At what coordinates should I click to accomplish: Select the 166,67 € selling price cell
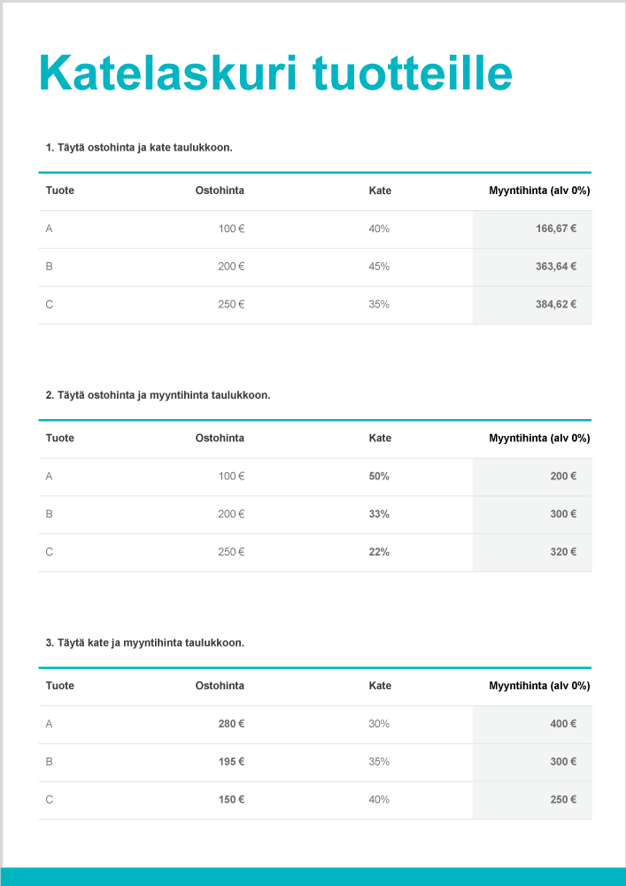click(x=555, y=229)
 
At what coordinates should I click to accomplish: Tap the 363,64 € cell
click(x=555, y=267)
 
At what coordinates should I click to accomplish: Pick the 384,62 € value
click(x=555, y=305)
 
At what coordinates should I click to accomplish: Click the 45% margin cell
click(x=379, y=267)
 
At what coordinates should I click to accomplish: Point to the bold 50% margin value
click(x=379, y=477)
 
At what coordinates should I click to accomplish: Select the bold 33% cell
click(x=379, y=515)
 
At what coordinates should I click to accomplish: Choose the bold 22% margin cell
click(x=379, y=553)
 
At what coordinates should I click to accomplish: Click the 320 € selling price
click(x=562, y=553)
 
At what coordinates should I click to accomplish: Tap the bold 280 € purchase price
click(x=231, y=724)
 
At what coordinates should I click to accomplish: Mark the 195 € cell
click(x=231, y=762)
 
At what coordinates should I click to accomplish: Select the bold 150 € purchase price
click(x=231, y=800)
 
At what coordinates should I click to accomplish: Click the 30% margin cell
click(x=379, y=724)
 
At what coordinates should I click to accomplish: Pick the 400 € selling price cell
click(x=562, y=724)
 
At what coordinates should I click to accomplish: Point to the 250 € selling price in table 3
click(x=562, y=800)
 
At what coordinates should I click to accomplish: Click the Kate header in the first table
click(x=380, y=190)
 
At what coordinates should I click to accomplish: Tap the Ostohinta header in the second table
click(x=220, y=439)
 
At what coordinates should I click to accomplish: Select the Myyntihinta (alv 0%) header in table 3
click(x=539, y=686)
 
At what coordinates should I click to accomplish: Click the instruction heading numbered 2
click(x=158, y=395)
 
